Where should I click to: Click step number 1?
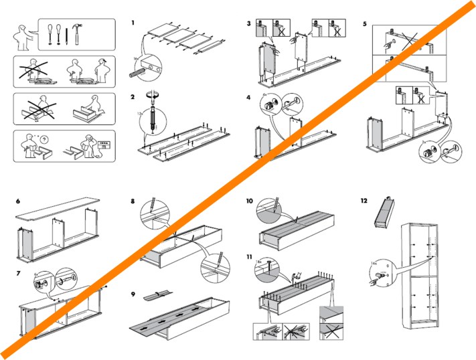pyautogui.click(x=133, y=23)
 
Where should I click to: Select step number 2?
pyautogui.click(x=133, y=96)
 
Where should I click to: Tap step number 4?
pyautogui.click(x=248, y=97)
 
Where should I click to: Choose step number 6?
pyautogui.click(x=18, y=201)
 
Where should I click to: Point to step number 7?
pyautogui.click(x=18, y=274)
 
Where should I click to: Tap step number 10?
pyautogui.click(x=249, y=201)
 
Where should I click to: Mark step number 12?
pyautogui.click(x=364, y=201)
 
